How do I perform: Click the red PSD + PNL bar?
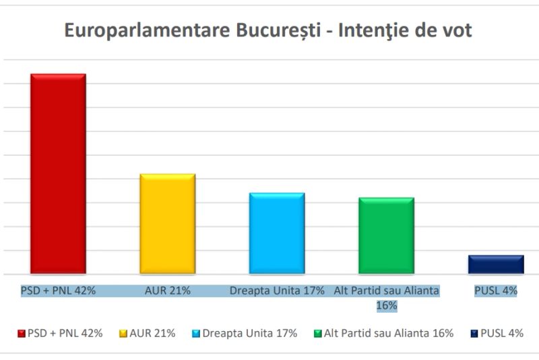pos(58,173)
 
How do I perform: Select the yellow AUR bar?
pos(167,224)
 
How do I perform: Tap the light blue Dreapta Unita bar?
pos(277,233)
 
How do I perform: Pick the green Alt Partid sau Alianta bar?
pos(386,235)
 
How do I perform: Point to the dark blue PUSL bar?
pos(496,264)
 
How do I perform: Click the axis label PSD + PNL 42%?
pos(58,291)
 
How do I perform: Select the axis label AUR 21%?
pos(168,291)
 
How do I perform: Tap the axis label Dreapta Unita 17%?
pos(277,291)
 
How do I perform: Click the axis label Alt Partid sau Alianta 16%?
pos(387,297)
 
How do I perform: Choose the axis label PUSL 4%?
pos(496,291)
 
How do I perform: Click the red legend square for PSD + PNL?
pos(22,333)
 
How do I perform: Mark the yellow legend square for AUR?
pos(123,333)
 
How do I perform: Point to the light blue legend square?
pos(197,333)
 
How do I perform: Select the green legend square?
pos(318,333)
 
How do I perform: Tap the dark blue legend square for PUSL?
pos(474,333)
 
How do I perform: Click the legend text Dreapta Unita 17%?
pos(249,333)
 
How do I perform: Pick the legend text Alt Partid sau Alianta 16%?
pos(388,333)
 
